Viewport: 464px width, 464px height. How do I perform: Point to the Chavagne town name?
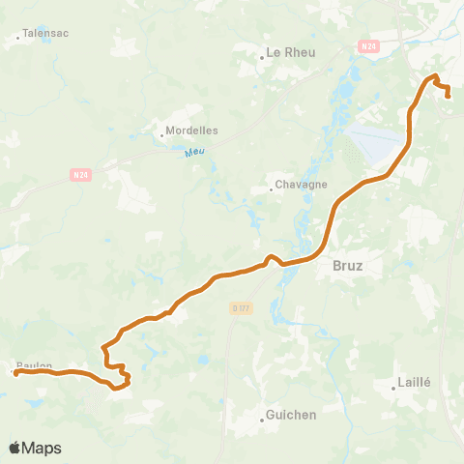coord(302,184)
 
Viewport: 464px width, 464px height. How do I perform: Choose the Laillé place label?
coord(413,382)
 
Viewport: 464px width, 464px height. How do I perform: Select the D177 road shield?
coord(241,308)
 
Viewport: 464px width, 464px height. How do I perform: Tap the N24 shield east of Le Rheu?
coord(367,45)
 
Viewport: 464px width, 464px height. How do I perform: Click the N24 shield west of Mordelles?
coord(81,175)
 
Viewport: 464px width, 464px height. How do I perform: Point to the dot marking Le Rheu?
coord(261,57)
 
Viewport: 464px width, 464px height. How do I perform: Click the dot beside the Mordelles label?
coord(162,134)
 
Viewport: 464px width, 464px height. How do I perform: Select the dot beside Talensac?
coord(18,40)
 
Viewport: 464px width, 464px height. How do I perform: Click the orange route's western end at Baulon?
coord(16,372)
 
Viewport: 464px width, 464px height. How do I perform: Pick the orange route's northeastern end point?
coord(448,95)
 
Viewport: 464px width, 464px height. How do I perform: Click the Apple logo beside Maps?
coord(15,448)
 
